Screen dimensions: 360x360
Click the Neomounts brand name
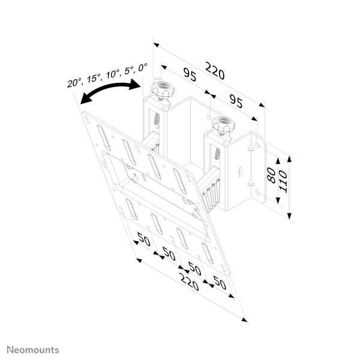(32, 349)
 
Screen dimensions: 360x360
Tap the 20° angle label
(74, 83)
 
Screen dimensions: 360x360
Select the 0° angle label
(142, 67)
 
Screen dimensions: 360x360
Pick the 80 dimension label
(271, 176)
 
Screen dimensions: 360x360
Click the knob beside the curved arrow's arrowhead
(161, 91)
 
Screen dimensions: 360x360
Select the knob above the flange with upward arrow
(222, 125)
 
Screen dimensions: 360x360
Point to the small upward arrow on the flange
(240, 172)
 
